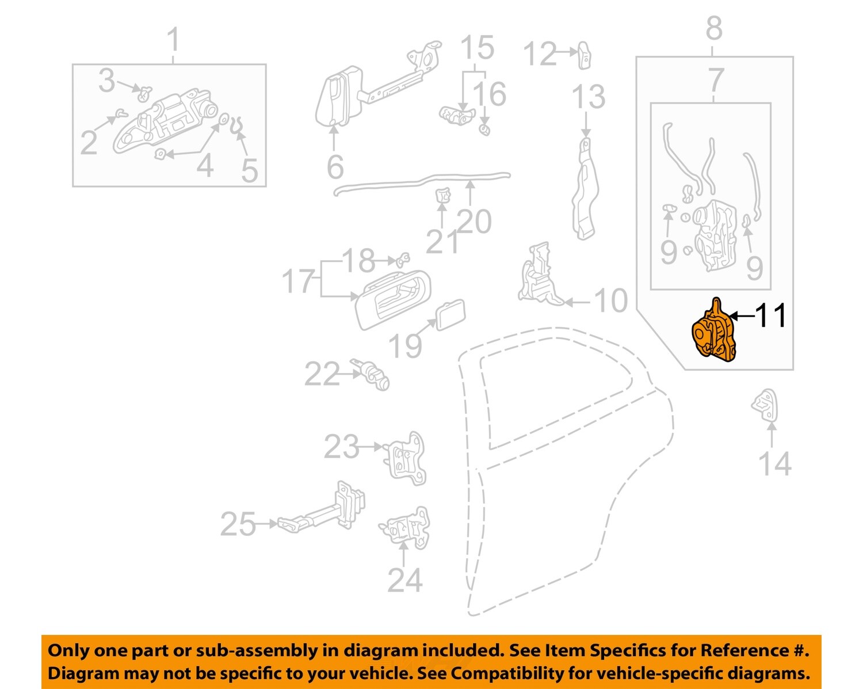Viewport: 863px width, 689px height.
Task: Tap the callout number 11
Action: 770,315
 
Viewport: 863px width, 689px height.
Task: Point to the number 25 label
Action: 238,524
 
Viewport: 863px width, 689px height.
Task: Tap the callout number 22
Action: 322,375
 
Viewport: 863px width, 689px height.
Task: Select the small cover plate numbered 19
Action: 450,314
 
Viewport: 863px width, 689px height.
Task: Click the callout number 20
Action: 475,222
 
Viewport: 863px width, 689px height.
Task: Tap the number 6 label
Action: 335,167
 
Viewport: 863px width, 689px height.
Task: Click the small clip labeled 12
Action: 584,55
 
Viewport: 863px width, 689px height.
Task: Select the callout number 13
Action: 588,97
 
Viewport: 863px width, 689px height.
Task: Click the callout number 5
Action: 249,170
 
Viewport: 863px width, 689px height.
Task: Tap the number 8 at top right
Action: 714,27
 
